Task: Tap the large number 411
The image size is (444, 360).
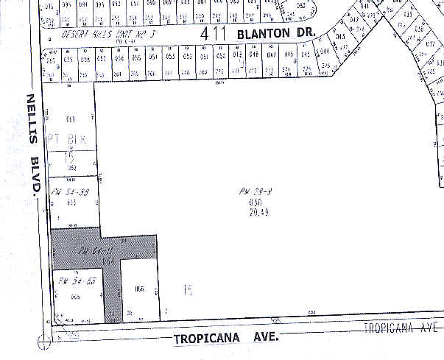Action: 215,33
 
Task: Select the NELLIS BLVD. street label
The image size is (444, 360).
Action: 32,144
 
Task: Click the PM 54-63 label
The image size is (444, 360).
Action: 73,280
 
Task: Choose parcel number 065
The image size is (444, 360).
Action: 75,297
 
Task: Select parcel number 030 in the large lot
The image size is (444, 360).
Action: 255,202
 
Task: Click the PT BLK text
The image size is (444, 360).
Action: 68,139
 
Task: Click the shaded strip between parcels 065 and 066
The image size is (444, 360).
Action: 113,294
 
